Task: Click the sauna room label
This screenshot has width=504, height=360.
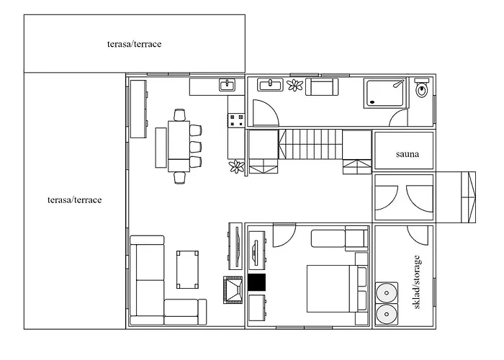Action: pos(408,154)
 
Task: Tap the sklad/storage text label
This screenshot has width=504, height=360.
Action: pos(417,282)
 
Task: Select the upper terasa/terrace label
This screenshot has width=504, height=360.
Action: pos(135,44)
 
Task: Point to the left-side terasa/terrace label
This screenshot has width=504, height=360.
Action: pos(75,200)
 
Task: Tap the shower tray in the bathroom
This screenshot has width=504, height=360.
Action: pos(385,94)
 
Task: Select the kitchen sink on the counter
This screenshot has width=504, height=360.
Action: pos(228,85)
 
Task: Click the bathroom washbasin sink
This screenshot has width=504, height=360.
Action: pos(270,85)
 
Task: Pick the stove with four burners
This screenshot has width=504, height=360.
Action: pos(236,120)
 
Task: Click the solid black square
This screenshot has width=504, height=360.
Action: pos(257,282)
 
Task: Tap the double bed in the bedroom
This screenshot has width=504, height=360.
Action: pos(336,288)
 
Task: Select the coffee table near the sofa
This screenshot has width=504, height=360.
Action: pos(187,270)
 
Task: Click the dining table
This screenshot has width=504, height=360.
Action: pos(179,146)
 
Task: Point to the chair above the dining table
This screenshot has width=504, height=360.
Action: pos(180,114)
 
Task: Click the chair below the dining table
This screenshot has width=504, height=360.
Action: pos(180,178)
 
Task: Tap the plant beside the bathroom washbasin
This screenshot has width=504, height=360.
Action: pos(294,85)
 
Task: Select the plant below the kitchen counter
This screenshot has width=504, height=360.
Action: pos(237,166)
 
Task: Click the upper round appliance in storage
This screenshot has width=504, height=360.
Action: pos(387,293)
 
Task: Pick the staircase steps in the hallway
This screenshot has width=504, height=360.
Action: pos(310,144)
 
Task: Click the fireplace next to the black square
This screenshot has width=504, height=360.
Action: pos(233,290)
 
